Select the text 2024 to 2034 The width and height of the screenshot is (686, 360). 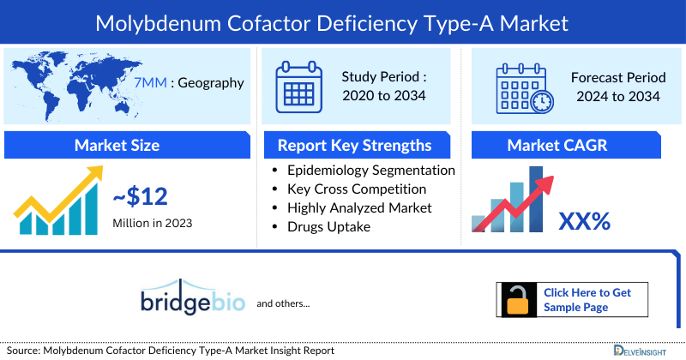615,96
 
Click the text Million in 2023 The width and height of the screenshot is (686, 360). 153,223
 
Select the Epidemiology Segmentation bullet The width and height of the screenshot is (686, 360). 370,170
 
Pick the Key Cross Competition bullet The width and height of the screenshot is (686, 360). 357,189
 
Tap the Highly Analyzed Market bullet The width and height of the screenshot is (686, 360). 359,207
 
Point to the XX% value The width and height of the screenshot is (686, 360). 584,221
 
